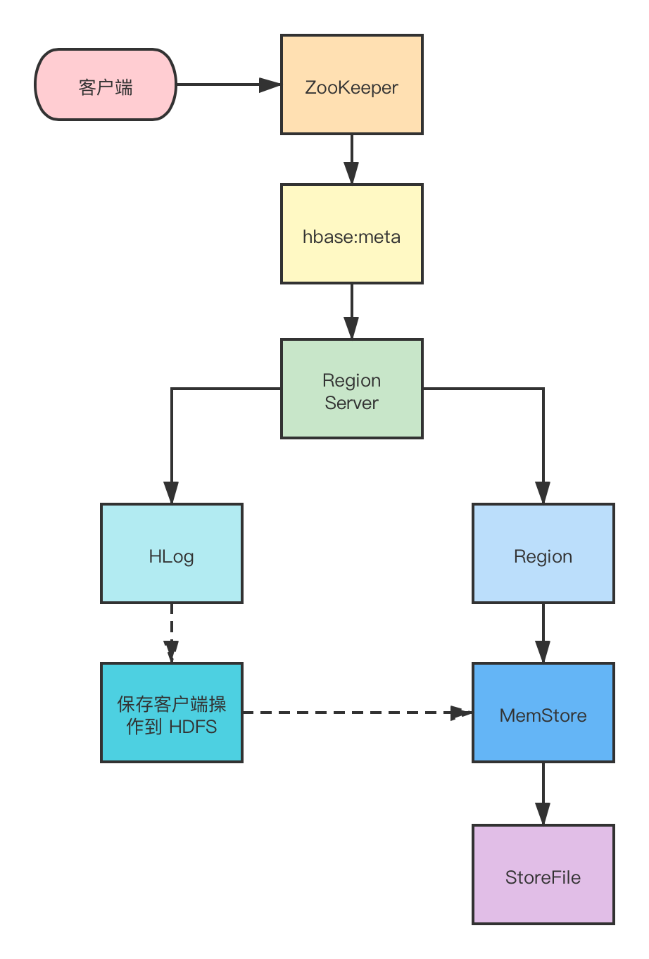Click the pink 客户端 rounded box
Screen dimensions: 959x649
coord(106,85)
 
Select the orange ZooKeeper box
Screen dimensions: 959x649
coord(351,84)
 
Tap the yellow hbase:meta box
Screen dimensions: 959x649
coord(351,234)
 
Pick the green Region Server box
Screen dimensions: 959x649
coord(351,389)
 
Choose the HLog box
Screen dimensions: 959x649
coord(172,553)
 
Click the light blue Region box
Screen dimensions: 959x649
coord(543,553)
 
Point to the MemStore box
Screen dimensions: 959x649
coord(543,713)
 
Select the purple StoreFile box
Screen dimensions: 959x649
coord(543,875)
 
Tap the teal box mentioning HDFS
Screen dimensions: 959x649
coord(172,713)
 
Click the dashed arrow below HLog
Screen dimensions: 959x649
coord(172,632)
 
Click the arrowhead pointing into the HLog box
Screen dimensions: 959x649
coord(172,492)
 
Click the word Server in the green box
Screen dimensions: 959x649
coord(351,403)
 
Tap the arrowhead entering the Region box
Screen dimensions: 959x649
coord(543,492)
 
